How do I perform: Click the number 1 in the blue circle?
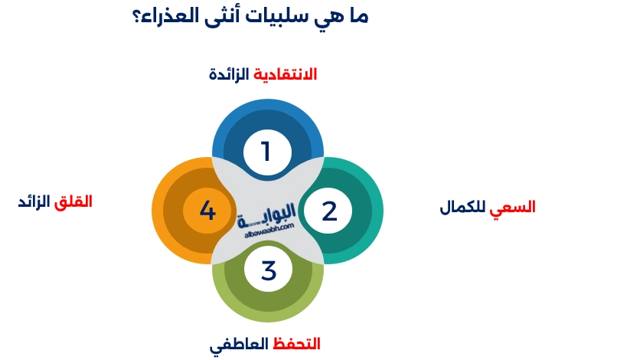(x=266, y=152)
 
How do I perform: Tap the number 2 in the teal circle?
(x=329, y=211)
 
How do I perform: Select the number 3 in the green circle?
(x=268, y=270)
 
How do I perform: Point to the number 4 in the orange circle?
(x=207, y=210)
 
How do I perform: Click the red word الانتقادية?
(x=285, y=74)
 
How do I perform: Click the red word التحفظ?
(x=296, y=344)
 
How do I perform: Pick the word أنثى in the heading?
(x=224, y=15)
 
